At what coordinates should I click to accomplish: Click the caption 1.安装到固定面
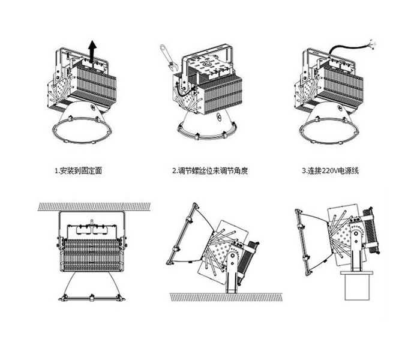coord(78,171)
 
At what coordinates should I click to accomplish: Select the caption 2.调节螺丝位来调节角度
coord(209,171)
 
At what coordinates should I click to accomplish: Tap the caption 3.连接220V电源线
coord(330,171)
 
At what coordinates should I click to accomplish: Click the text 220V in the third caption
coord(326,171)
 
